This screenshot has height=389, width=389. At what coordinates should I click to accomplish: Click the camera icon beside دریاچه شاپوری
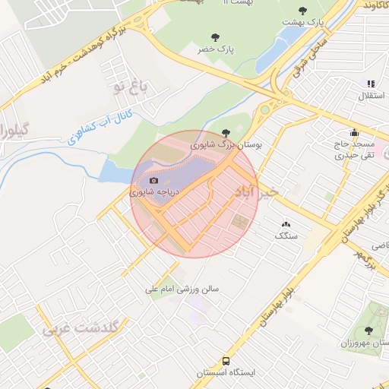[x=154, y=181]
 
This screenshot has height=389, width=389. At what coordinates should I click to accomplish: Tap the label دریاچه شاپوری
[x=154, y=192]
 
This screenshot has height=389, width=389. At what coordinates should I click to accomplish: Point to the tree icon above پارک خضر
[x=214, y=36]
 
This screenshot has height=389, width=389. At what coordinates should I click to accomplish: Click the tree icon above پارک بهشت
[x=303, y=11]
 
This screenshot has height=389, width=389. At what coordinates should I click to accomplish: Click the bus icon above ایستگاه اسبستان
[x=227, y=362]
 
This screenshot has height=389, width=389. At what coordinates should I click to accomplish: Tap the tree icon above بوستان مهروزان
[x=369, y=330]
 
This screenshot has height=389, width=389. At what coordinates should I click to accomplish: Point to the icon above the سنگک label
[x=286, y=224]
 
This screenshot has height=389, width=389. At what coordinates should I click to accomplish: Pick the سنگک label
[x=286, y=236]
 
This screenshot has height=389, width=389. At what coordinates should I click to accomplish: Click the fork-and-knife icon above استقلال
[x=371, y=84]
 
